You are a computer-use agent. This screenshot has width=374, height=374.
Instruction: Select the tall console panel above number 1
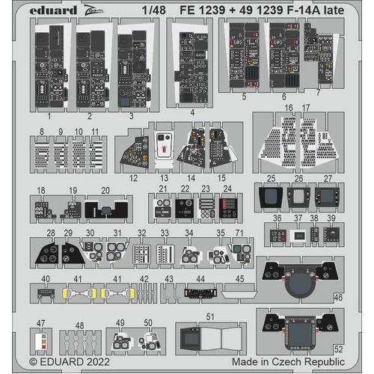click(x=49, y=67)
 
